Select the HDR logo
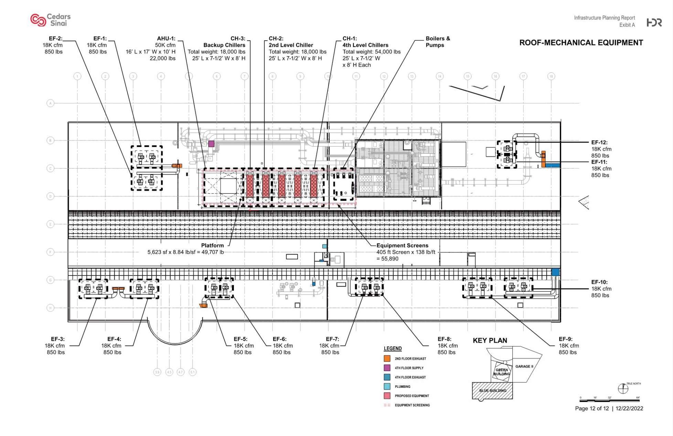[x=654, y=22]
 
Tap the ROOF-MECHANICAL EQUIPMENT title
[x=581, y=43]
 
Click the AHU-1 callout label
[x=166, y=39]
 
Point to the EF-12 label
[x=599, y=142]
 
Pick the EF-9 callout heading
[x=565, y=339]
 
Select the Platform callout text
[x=212, y=245]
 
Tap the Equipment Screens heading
[x=402, y=245]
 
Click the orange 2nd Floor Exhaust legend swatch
[x=387, y=359]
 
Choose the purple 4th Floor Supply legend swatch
[x=387, y=368]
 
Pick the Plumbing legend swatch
[x=387, y=386]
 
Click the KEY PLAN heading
[x=490, y=340]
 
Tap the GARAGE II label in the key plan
[x=524, y=366]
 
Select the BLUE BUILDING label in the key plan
[x=493, y=391]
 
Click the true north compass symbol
[x=623, y=388]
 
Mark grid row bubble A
[x=50, y=103]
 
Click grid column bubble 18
[x=551, y=76]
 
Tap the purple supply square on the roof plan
[x=211, y=144]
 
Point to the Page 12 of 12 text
[x=592, y=408]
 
